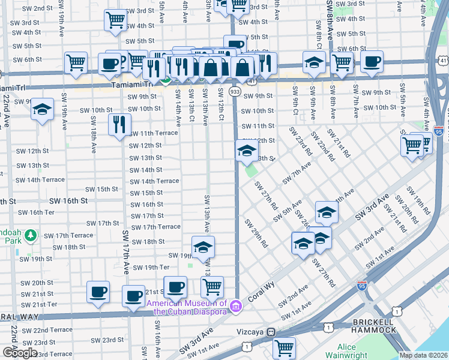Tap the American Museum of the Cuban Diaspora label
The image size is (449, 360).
point(187,307)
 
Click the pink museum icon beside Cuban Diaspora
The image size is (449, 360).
point(236,307)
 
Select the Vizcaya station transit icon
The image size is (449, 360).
point(271,331)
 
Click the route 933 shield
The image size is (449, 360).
point(235,91)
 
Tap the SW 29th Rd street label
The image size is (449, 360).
point(256,233)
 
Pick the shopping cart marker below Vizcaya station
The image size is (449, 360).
point(284,347)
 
